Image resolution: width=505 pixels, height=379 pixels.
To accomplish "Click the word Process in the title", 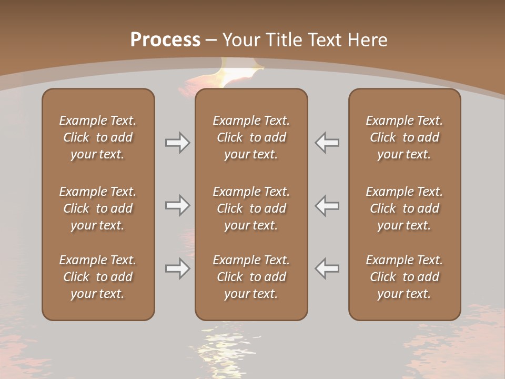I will coord(165,40).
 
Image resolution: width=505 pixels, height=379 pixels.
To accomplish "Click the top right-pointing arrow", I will coord(177,143).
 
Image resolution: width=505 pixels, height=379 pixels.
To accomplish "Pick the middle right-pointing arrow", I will coord(177,205).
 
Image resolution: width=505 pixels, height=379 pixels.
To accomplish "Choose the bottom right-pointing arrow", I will coord(177,268).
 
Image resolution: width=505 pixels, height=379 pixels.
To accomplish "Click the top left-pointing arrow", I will coord(327,143).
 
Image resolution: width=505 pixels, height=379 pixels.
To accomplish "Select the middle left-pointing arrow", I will coord(327,205).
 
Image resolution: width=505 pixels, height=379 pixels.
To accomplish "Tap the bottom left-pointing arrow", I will coord(327,268).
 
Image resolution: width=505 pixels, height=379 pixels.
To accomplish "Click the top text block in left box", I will coord(98,137).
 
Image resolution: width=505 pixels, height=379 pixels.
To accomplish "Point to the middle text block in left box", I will coord(98,208).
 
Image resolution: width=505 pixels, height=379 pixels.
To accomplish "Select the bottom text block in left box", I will coord(98,277).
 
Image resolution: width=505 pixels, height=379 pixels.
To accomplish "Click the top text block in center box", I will coord(251,137).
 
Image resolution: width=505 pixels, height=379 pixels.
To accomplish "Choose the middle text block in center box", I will coord(251,208).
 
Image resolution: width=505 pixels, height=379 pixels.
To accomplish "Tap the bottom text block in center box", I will coord(251,277).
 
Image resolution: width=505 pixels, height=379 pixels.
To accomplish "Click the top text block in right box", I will coord(404,137).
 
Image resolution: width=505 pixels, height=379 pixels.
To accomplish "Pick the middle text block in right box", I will coord(404,208).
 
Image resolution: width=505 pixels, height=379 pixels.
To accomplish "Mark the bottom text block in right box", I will coord(404,277).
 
